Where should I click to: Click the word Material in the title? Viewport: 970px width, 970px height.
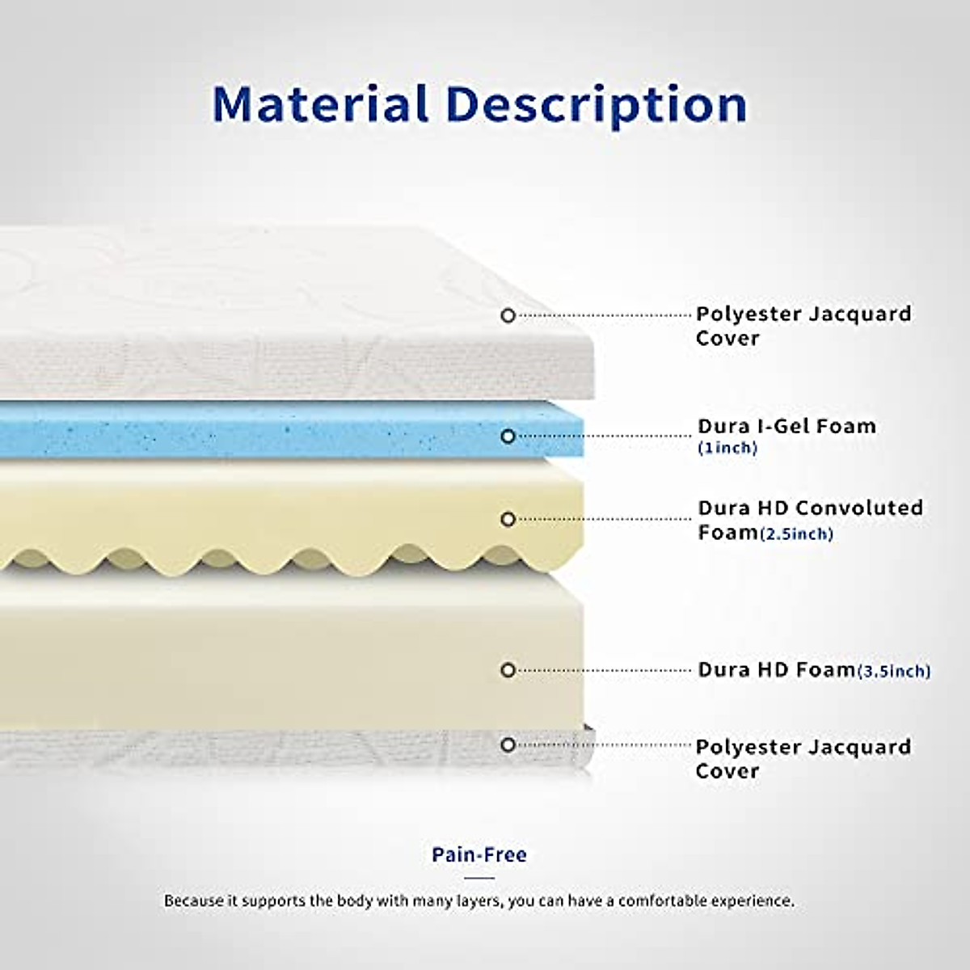click(320, 104)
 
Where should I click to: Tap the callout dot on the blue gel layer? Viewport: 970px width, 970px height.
click(508, 436)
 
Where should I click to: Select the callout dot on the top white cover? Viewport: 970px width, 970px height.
click(508, 315)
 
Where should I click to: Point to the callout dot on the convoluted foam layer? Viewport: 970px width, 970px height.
click(508, 519)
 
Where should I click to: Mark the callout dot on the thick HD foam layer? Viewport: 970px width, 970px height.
click(508, 670)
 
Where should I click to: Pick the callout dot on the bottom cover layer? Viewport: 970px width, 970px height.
click(508, 744)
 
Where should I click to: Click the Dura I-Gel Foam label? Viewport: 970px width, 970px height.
click(787, 426)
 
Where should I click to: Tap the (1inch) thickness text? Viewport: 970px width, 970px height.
click(727, 448)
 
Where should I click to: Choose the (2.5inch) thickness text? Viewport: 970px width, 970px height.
click(796, 533)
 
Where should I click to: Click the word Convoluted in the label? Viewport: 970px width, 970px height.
click(858, 508)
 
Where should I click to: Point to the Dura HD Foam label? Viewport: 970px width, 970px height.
click(776, 669)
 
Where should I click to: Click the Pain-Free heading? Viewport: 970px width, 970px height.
click(479, 854)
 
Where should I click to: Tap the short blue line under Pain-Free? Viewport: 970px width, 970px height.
click(479, 877)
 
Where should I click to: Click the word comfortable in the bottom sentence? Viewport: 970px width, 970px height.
click(665, 900)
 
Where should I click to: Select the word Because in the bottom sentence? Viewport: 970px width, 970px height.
click(192, 900)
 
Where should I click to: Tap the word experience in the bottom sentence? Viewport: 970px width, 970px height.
click(757, 900)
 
